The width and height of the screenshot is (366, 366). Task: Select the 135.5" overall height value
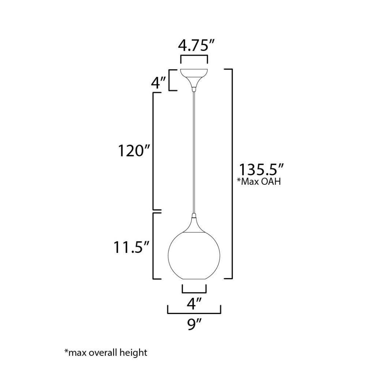pyautogui.click(x=261, y=169)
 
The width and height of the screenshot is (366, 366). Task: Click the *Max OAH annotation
pyautogui.click(x=259, y=182)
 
